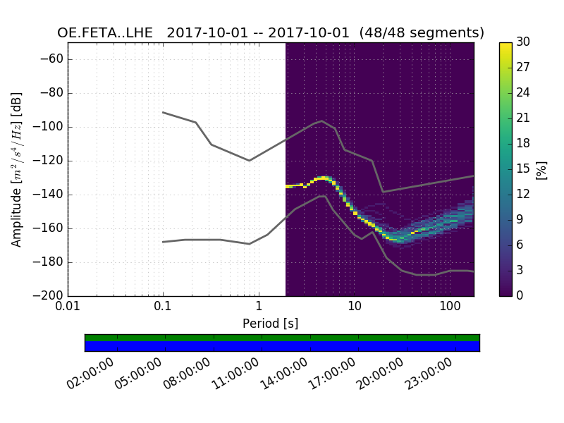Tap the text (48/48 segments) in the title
coord(422,33)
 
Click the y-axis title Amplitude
coord(17,169)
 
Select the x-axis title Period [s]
coord(270,324)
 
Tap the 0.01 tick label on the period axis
coord(68,308)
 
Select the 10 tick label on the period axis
coord(354,308)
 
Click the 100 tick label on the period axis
coord(449,308)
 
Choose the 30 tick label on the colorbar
coord(524,42)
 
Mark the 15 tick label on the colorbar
coord(524,168)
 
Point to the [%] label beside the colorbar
coord(542,169)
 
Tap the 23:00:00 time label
coord(429,374)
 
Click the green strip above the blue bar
coord(282,338)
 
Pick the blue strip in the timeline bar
coord(282,346)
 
